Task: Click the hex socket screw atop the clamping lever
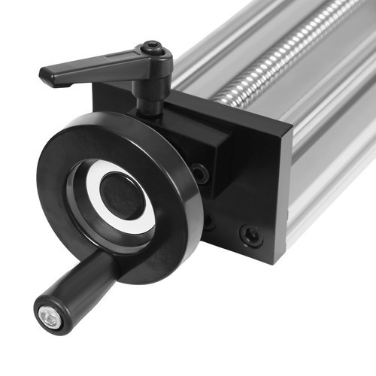pos(153,47)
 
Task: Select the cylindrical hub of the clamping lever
pos(153,64)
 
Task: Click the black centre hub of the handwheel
pos(120,195)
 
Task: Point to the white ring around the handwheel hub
pos(143,218)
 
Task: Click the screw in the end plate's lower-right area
pos(251,235)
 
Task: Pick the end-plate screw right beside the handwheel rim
pos(200,174)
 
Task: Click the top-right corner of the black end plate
pos(291,136)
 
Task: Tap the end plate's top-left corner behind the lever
pos(96,86)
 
